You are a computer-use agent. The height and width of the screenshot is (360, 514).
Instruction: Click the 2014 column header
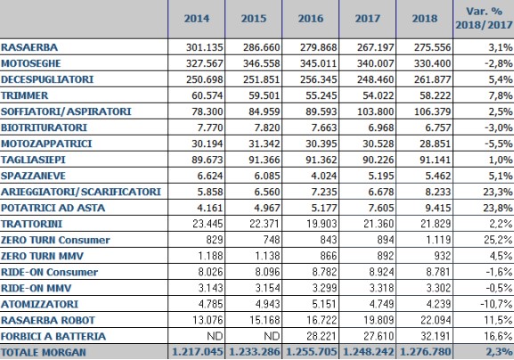coord(197,19)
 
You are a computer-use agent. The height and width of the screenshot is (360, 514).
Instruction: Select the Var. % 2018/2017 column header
coord(484,18)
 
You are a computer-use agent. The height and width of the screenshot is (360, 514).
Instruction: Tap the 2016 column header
coord(310,19)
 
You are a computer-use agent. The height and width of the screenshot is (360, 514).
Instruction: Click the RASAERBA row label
coord(29,47)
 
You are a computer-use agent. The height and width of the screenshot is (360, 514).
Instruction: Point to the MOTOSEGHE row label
coord(31,63)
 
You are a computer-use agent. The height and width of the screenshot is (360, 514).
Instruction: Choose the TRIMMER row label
coord(25,95)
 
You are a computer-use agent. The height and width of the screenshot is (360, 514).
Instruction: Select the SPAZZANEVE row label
coord(34,176)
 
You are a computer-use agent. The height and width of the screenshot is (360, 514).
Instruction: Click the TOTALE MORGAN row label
coord(44,353)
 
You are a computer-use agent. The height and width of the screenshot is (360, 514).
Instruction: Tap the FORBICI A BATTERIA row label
coord(53,337)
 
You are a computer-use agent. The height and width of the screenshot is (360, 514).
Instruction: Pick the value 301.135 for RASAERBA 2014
coord(205,47)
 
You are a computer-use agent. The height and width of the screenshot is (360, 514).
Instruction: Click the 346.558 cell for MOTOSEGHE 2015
coord(262,63)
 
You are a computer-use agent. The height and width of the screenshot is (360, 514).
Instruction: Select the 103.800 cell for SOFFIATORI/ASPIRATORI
coord(375,111)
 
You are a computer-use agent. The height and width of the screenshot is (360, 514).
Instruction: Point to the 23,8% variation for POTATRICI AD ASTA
coord(498,208)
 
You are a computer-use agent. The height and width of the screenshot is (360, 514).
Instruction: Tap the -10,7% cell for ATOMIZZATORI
coord(496,304)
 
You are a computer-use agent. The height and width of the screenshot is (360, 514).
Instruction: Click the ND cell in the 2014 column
coord(215,336)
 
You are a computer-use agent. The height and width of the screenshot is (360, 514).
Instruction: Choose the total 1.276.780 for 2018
coord(426,353)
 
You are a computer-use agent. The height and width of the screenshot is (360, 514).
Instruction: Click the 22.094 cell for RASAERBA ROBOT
coord(436,320)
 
